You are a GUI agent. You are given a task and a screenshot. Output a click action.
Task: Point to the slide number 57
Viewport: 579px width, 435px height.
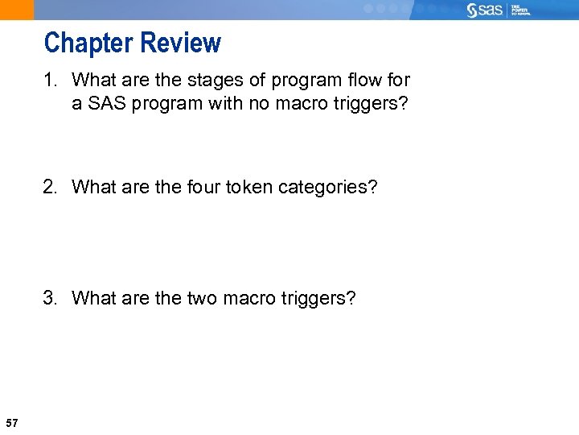[12, 423]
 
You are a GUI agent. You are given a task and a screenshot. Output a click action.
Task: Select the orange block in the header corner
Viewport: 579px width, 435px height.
[17, 10]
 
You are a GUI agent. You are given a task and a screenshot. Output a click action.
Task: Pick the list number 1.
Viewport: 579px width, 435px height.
[49, 81]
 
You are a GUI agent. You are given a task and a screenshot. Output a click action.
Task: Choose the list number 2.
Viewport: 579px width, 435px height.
[50, 188]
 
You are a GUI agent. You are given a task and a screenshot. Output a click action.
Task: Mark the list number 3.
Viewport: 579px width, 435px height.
[50, 299]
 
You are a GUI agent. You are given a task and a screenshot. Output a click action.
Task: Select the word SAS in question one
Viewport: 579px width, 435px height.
[103, 104]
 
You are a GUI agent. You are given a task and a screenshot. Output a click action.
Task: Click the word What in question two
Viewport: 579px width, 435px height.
[92, 188]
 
